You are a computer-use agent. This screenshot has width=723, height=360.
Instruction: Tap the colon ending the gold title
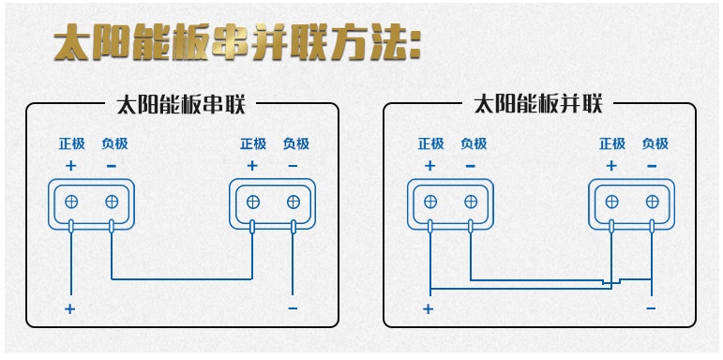414,46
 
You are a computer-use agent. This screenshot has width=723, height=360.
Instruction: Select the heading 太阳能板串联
181,105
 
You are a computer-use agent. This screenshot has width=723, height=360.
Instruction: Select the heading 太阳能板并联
538,105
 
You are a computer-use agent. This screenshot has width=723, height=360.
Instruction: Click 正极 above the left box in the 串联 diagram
71,144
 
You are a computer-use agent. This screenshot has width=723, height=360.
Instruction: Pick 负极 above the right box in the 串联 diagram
295,144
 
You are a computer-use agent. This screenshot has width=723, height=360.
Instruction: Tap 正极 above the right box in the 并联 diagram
611,144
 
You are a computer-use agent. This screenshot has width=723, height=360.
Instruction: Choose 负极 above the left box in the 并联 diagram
474,144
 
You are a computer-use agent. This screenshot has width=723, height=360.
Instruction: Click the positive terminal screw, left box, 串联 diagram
71,202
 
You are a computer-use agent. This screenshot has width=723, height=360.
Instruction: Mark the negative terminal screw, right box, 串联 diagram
294,202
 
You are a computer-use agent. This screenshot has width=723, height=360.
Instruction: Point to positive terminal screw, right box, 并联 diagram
611,202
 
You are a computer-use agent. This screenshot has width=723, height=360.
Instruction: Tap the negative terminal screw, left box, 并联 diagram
471,202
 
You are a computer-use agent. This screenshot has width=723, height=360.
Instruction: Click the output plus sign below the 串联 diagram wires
70,308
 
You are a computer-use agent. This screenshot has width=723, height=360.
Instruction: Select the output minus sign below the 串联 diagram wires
294,308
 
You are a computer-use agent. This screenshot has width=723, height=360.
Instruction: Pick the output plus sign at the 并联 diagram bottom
429,308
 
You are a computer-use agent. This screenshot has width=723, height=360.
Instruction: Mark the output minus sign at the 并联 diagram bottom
651,307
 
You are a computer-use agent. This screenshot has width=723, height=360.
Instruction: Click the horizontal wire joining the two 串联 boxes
182,278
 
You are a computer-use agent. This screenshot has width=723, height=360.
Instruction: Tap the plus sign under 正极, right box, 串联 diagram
251,166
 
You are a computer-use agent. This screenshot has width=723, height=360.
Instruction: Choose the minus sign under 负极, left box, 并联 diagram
471,166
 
